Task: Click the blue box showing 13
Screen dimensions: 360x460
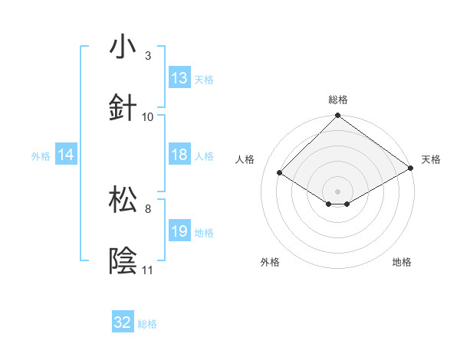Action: click(x=179, y=78)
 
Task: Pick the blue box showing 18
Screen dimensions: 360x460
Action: click(x=179, y=155)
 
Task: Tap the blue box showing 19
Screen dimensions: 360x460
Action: click(x=179, y=231)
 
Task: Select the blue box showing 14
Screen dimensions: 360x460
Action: click(x=66, y=155)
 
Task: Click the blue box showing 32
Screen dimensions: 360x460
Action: click(x=123, y=323)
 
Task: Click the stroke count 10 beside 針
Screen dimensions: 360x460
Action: click(x=148, y=117)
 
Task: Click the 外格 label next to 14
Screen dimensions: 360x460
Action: click(x=41, y=155)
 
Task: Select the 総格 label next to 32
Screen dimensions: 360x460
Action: click(x=147, y=324)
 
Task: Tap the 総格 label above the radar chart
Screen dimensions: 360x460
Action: click(x=337, y=100)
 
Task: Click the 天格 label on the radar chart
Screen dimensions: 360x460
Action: click(x=431, y=159)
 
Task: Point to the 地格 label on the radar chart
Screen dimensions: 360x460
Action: click(x=402, y=262)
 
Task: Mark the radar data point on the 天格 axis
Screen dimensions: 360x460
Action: click(x=411, y=169)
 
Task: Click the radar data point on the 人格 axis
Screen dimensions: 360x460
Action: click(x=280, y=173)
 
